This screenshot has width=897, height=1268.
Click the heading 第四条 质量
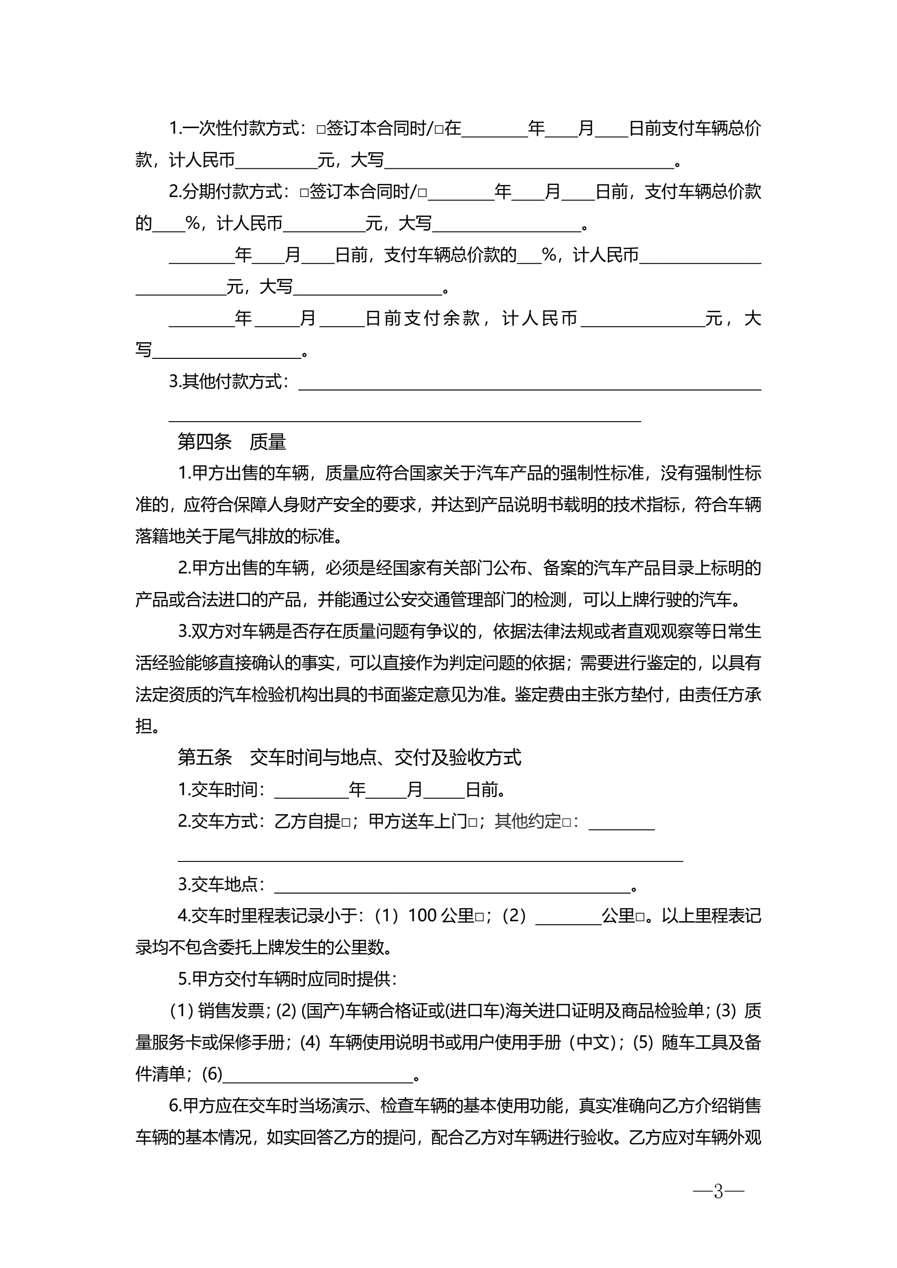232,442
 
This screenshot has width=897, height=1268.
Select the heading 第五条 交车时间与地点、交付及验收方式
349,757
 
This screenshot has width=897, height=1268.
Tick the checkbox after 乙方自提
346,823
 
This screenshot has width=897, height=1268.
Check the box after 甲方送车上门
473,823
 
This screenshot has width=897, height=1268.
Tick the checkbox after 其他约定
567,823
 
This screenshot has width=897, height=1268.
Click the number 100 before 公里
423,916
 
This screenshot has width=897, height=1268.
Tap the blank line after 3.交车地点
452,885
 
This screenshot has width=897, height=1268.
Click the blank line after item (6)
318,1074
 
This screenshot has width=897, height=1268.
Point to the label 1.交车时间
221,790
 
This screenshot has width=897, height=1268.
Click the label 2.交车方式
221,821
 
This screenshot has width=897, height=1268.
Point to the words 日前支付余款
423,318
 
